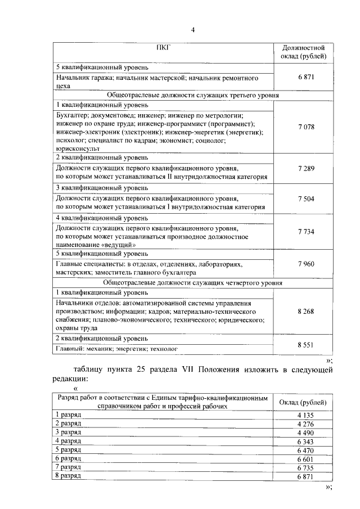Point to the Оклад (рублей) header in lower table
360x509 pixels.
coord(304,402)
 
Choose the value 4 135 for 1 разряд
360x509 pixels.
coord(304,415)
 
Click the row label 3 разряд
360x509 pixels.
coord(68,432)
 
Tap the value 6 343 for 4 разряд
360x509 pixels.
coord(304,442)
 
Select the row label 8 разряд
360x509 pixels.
coord(68,476)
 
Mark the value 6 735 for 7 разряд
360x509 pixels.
coord(304,468)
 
